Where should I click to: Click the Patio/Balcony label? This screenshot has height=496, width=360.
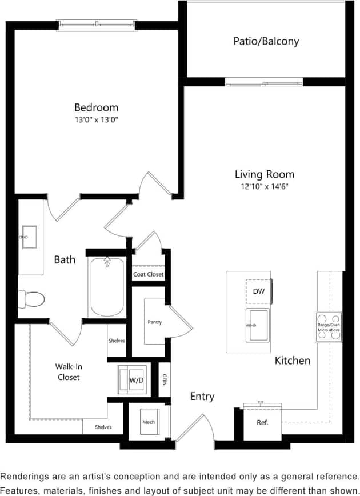coord(266,41)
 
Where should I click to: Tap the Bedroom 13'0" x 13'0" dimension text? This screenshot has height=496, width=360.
coord(96,119)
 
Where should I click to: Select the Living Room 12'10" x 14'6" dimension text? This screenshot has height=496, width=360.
coord(265,187)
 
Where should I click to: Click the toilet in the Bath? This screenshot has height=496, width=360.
coord(32,298)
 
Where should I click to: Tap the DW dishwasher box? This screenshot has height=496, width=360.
coord(259,291)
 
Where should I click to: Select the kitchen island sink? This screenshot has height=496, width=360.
coord(257,325)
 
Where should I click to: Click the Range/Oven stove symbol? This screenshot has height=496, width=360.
coord(329,327)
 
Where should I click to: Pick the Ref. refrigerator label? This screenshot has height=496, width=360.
coord(262,423)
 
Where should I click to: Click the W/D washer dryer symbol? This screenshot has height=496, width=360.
coord(135,379)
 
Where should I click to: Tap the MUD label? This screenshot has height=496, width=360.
coord(165,379)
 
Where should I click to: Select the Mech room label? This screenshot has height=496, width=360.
coord(148,422)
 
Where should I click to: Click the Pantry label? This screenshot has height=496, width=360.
coord(154,322)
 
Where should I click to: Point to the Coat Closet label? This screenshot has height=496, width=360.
coord(148,274)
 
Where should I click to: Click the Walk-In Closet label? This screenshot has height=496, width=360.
coord(67,371)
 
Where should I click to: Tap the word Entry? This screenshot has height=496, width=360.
coord(202,397)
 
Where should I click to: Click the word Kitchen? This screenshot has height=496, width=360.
coord(293,361)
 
